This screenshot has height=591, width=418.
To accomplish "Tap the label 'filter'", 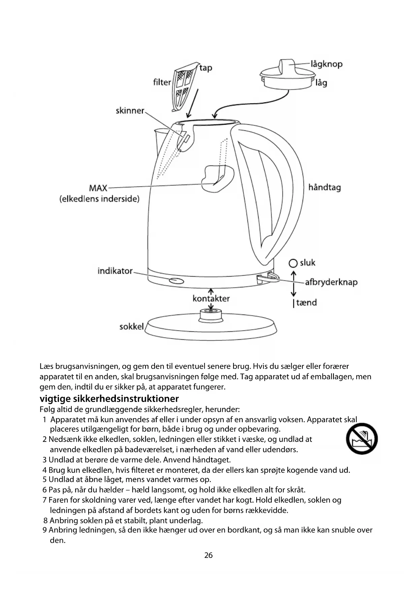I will [x=162, y=82].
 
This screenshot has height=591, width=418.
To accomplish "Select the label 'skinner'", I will [x=130, y=111].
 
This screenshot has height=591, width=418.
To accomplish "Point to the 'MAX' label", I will [x=98, y=188].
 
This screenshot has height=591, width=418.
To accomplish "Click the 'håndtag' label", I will [x=324, y=187].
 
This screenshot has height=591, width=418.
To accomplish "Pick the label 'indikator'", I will [x=115, y=271].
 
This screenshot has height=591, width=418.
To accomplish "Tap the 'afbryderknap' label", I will [x=331, y=282].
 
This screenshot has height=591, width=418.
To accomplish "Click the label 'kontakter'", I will [x=211, y=299].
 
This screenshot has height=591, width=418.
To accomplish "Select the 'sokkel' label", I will [x=131, y=326].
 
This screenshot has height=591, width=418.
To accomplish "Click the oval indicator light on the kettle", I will [x=176, y=280].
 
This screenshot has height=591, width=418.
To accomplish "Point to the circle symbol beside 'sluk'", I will [x=293, y=263].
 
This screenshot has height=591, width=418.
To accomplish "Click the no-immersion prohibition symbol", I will [x=362, y=439].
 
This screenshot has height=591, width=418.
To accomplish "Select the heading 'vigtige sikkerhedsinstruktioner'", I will [x=109, y=399].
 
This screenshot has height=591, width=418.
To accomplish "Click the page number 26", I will [x=208, y=555].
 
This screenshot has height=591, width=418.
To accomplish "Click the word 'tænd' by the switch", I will [x=307, y=303].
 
